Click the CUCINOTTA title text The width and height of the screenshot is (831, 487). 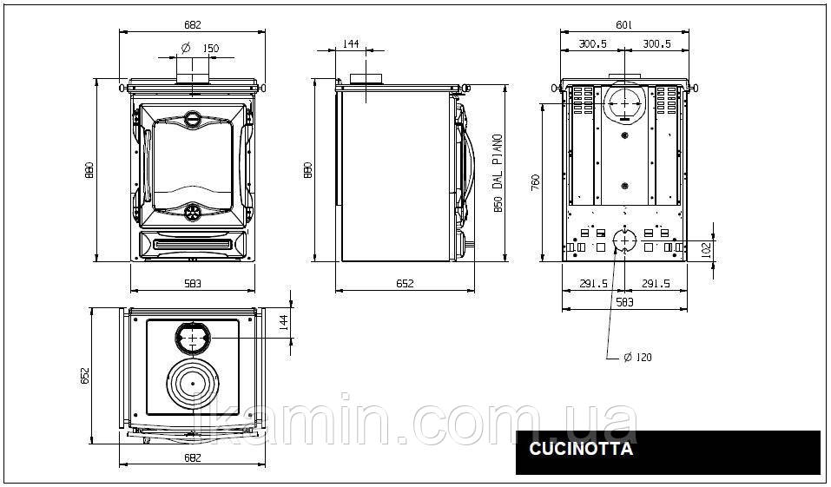(x=581, y=449)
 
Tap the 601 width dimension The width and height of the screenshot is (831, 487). (x=624, y=25)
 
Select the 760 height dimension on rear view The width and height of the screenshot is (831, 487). (x=535, y=182)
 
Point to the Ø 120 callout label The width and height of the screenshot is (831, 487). (x=637, y=357)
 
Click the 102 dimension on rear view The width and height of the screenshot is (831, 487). (x=706, y=250)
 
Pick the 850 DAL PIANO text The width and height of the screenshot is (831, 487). (x=497, y=174)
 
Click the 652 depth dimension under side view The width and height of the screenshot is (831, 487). (x=405, y=284)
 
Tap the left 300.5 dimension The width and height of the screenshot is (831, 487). (x=592, y=43)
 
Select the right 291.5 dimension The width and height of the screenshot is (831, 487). (x=656, y=284)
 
